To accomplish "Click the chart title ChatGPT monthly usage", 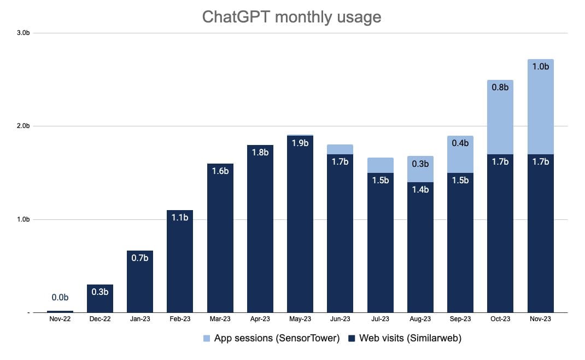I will [291, 17].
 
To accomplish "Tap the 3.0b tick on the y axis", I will [23, 33].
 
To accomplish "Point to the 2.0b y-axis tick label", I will [23, 126].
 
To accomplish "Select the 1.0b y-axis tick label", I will [23, 219].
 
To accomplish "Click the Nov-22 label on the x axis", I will [60, 319].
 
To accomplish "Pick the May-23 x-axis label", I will [300, 319].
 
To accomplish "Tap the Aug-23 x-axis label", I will [420, 319].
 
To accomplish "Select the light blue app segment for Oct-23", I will [500, 118].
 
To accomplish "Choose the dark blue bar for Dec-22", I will [100, 299].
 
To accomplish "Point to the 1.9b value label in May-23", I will [300, 143].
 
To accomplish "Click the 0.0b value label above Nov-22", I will [60, 298].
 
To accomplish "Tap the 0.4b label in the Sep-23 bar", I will [460, 143].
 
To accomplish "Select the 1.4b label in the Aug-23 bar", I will [420, 190].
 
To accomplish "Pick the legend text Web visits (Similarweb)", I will [410, 339].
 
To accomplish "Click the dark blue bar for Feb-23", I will [180, 263].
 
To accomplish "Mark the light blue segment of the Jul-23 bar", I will [381, 165].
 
